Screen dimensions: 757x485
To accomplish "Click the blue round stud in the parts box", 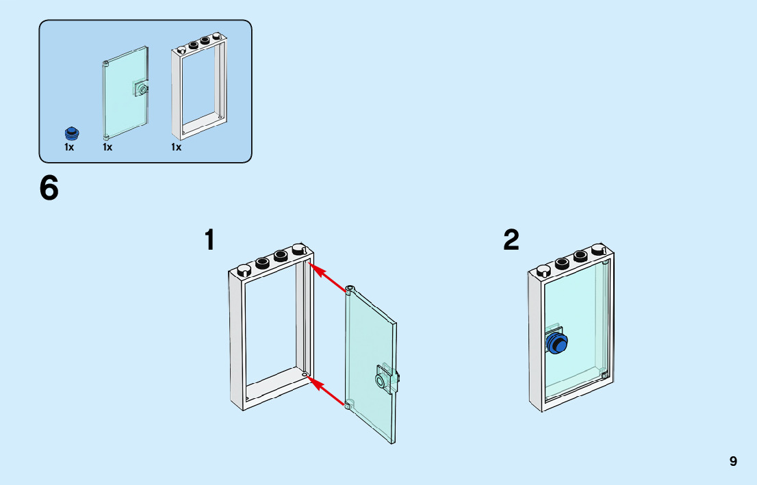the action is [x=70, y=133].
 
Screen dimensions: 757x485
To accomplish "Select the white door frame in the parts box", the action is [x=198, y=89].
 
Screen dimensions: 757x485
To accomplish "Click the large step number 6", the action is [x=49, y=189].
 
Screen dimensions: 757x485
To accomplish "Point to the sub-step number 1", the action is [x=210, y=241].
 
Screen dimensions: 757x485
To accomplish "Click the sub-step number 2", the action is [x=511, y=240].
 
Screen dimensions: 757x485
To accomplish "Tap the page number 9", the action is [x=733, y=461].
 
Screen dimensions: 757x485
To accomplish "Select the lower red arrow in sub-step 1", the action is [x=328, y=391].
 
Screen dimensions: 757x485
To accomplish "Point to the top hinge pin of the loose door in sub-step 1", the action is [x=350, y=288].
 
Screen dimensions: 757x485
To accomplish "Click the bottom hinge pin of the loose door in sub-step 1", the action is [x=348, y=405].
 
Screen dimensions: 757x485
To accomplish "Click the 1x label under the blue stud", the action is [x=69, y=147].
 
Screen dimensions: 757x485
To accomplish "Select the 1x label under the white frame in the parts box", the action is [x=177, y=147].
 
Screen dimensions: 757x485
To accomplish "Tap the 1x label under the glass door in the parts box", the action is [x=107, y=147].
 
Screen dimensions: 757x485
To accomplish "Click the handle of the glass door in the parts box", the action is [x=142, y=89].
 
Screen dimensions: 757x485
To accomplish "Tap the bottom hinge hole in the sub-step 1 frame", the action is [x=305, y=374].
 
